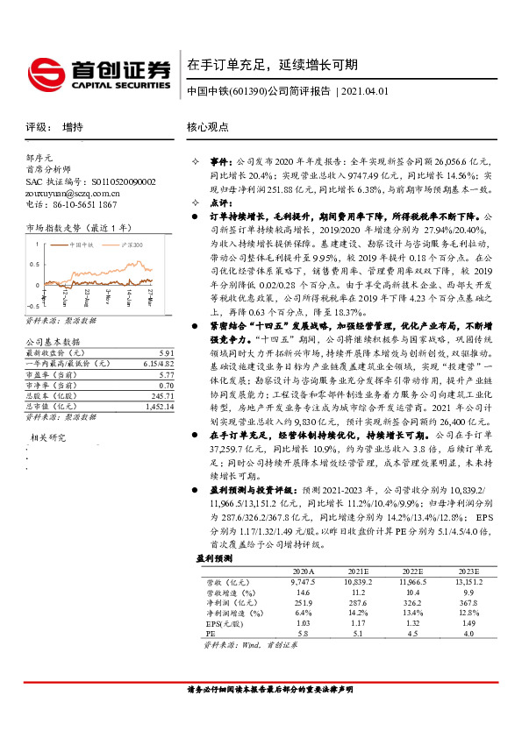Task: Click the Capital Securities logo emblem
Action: tap(46, 71)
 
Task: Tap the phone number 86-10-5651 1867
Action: tap(80, 203)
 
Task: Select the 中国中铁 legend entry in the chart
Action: tap(89, 245)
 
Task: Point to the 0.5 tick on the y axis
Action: tap(34, 263)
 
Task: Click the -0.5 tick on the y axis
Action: tap(32, 304)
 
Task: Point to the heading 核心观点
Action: tap(208, 126)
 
